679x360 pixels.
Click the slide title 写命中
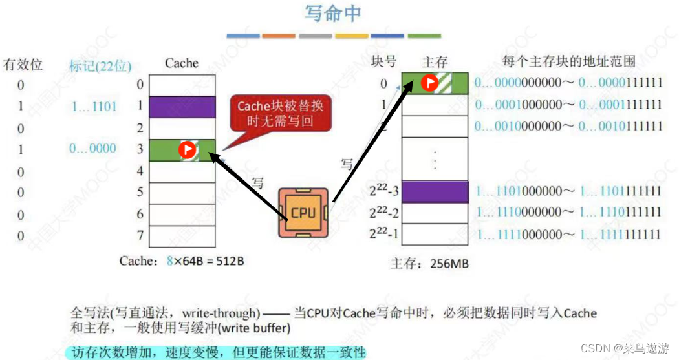(332, 14)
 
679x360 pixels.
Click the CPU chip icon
(303, 213)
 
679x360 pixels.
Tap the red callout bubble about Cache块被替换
(281, 114)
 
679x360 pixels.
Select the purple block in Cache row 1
(182, 107)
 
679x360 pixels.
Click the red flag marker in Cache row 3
(187, 150)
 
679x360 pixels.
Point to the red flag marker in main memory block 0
(429, 82)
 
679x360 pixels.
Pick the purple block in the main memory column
(434, 191)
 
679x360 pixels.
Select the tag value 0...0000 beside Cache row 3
(92, 149)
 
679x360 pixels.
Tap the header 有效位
(23, 65)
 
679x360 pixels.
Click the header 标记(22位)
(100, 65)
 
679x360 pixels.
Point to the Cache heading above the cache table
(182, 63)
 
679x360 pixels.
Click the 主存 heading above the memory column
(435, 62)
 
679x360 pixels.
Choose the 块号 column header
(383, 61)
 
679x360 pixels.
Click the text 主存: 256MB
(429, 264)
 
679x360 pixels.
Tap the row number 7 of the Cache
(140, 235)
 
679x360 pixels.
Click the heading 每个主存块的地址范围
(569, 61)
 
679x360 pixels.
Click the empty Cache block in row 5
(182, 193)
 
